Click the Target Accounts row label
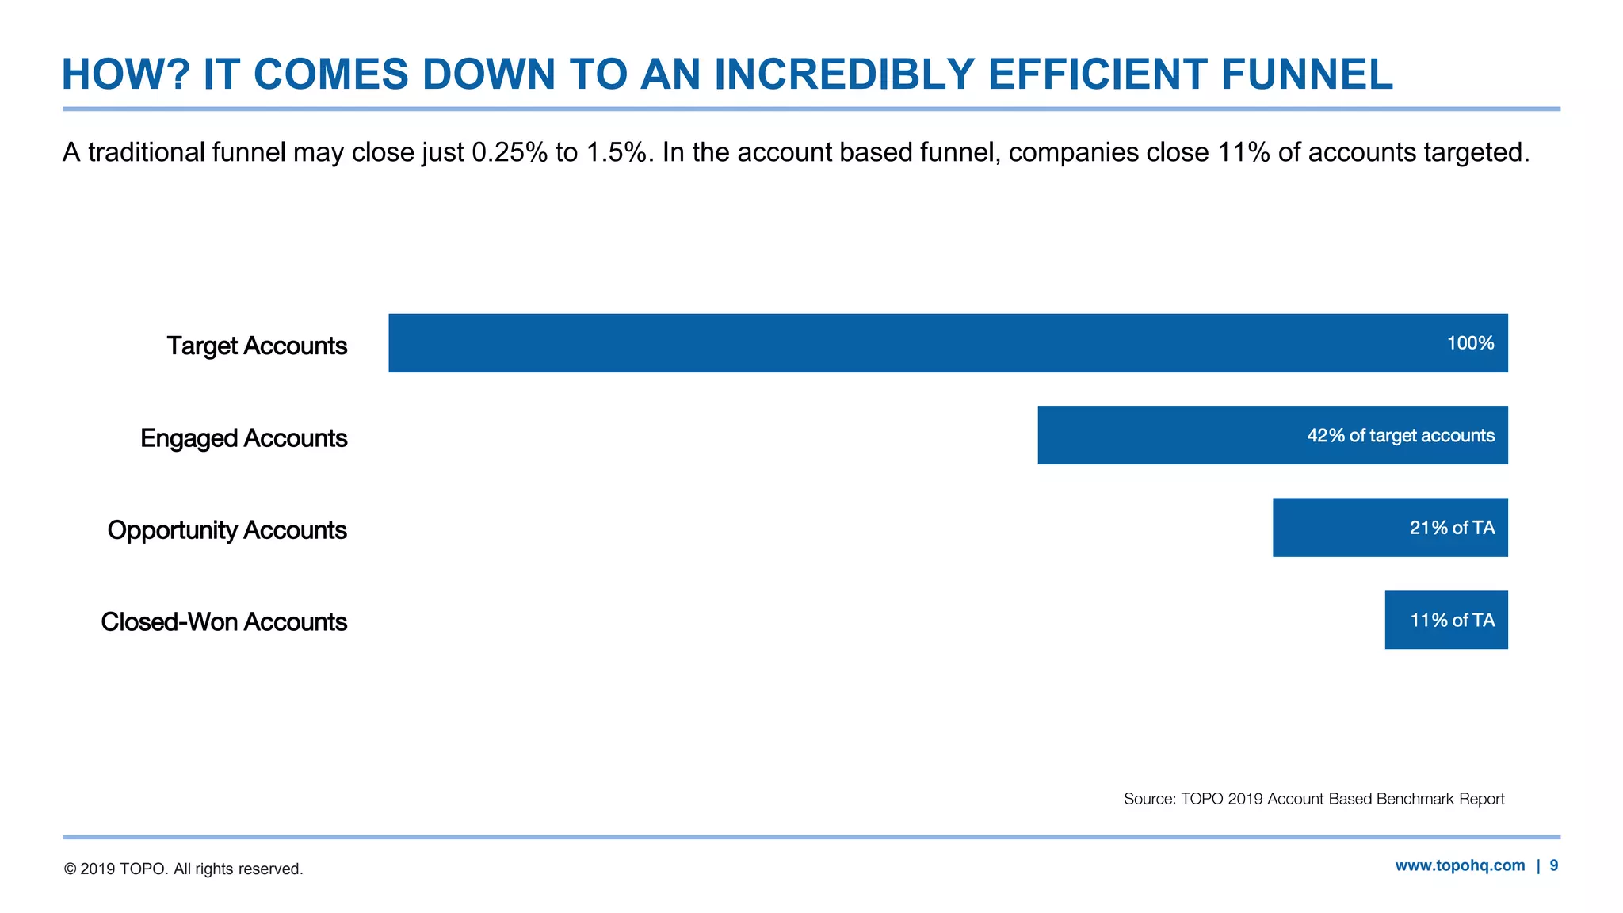click(257, 346)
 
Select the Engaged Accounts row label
click(243, 437)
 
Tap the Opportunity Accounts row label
click(227, 529)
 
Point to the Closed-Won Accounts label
click(223, 621)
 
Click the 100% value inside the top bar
click(1470, 343)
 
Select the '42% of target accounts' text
click(1400, 435)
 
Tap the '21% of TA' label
click(1452, 528)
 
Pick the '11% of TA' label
click(1452, 620)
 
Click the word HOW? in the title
click(126, 74)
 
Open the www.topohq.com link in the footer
click(1459, 865)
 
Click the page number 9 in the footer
click(1554, 865)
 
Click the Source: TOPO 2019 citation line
click(1313, 799)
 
